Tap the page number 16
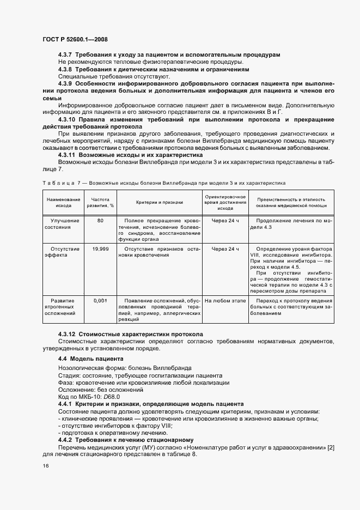pyautogui.click(x=45, y=466)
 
